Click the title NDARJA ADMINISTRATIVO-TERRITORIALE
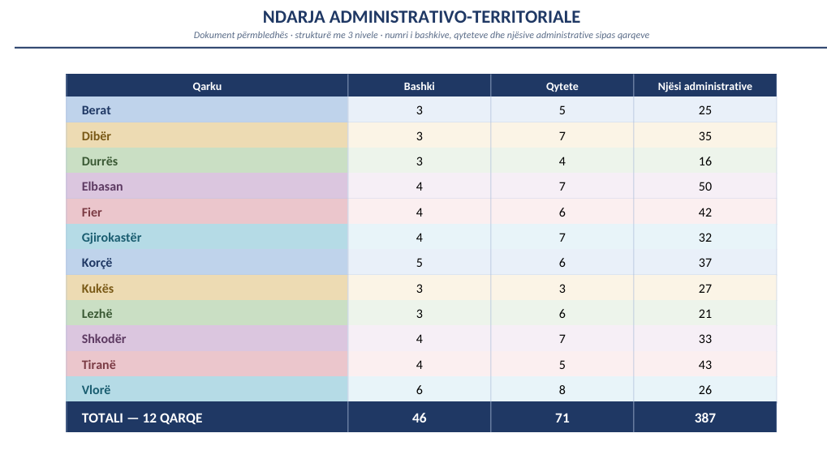click(421, 17)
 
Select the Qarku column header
click(207, 86)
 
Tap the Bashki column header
click(420, 86)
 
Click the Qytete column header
click(562, 86)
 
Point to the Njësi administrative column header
click(705, 86)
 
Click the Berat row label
click(96, 110)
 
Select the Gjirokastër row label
click(111, 238)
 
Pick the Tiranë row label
click(99, 365)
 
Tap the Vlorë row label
click(96, 390)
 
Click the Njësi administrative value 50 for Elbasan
click(705, 187)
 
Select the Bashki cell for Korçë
click(420, 263)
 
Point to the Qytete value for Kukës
click(562, 289)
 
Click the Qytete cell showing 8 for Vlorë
click(562, 390)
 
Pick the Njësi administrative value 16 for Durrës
click(705, 161)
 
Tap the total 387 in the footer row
click(705, 418)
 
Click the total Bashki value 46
click(420, 418)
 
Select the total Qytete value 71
click(562, 418)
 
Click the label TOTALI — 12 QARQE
click(142, 418)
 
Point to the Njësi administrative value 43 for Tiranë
click(705, 365)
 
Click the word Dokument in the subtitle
click(214, 36)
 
